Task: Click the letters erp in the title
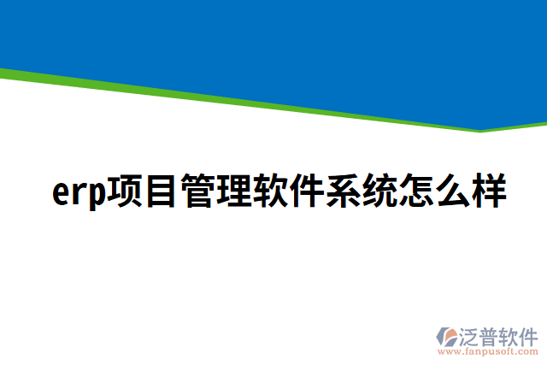[79, 193]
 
